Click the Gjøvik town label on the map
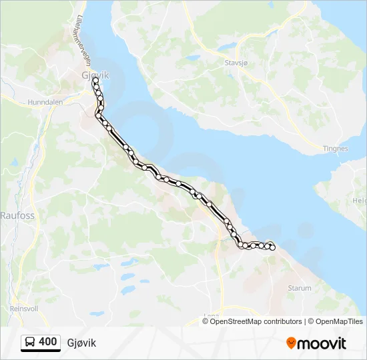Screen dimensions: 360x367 pyautogui.click(x=94, y=75)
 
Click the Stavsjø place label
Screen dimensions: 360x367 pyautogui.click(x=236, y=63)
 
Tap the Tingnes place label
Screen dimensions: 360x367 pyautogui.click(x=335, y=149)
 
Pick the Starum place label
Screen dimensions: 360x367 pyautogui.click(x=299, y=288)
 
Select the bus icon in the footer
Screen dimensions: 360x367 pyautogui.click(x=31, y=342)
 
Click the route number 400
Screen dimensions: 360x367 pyautogui.click(x=48, y=342)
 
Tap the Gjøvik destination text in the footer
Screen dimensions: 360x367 pyautogui.click(x=81, y=343)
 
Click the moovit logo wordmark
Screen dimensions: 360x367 pyautogui.click(x=322, y=343)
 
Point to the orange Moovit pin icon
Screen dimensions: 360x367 pyautogui.click(x=292, y=343)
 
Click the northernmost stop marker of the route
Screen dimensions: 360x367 pyautogui.click(x=95, y=80)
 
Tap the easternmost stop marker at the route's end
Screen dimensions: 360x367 pyautogui.click(x=272, y=248)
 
